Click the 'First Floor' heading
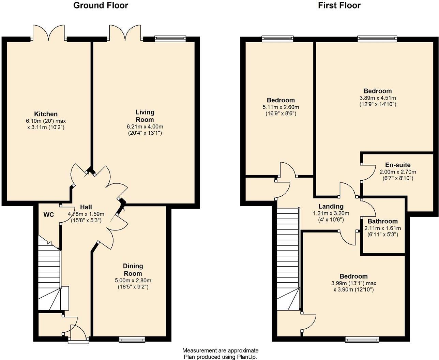coord(339,5)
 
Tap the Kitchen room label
coord(46,114)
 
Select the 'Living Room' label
coord(145,116)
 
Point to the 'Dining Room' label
coord(133,270)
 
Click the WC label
coord(48,215)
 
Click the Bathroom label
coord(382,221)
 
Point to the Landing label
coord(331,206)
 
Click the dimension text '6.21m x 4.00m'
coord(145,126)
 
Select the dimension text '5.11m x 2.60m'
coord(281,107)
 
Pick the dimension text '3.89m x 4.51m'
coord(378,97)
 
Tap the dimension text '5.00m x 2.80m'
coord(133,281)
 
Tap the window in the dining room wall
coord(132,339)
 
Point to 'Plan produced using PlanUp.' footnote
coord(220,357)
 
